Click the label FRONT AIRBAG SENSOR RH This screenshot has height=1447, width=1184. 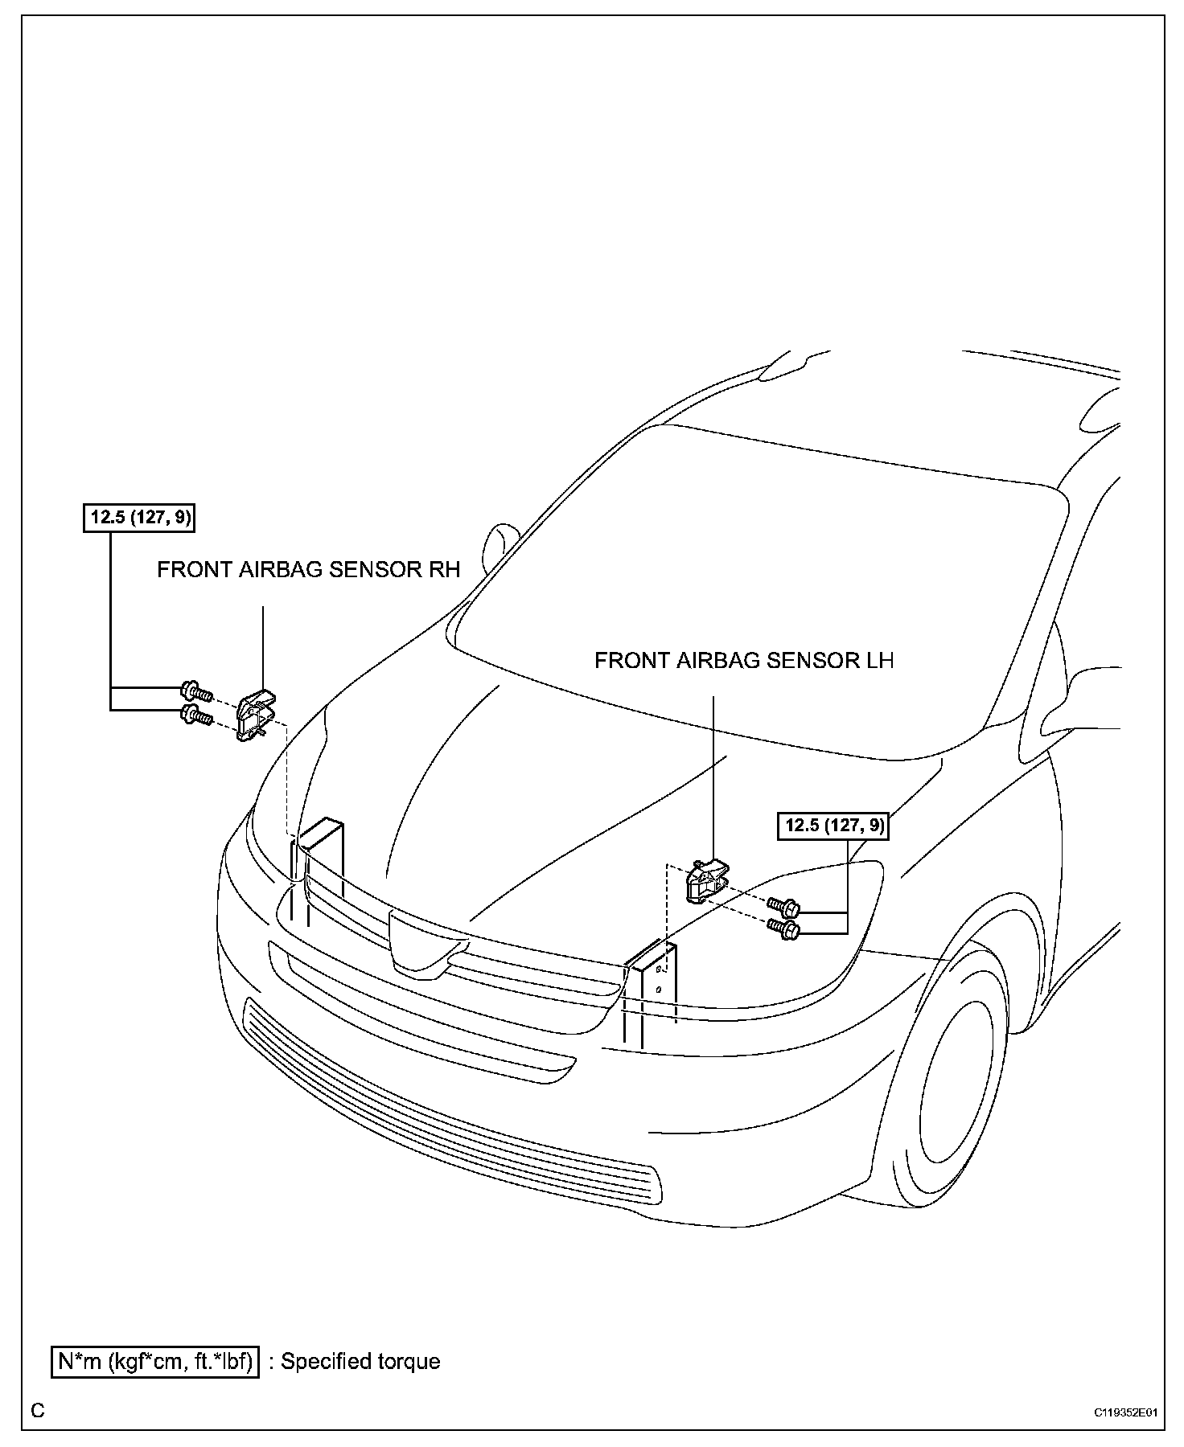pos(308,570)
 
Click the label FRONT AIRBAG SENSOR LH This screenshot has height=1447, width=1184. pos(743,661)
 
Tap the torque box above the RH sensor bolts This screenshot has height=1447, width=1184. pos(140,517)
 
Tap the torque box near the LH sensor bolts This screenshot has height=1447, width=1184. pos(832,826)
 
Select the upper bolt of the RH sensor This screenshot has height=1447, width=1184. pos(196,691)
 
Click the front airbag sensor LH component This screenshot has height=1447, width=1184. pos(705,881)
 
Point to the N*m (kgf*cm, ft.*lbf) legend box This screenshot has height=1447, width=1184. pos(155,1362)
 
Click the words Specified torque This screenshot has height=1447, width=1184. pos(360,1362)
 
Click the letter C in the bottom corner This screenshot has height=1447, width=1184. pos(38,1411)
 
